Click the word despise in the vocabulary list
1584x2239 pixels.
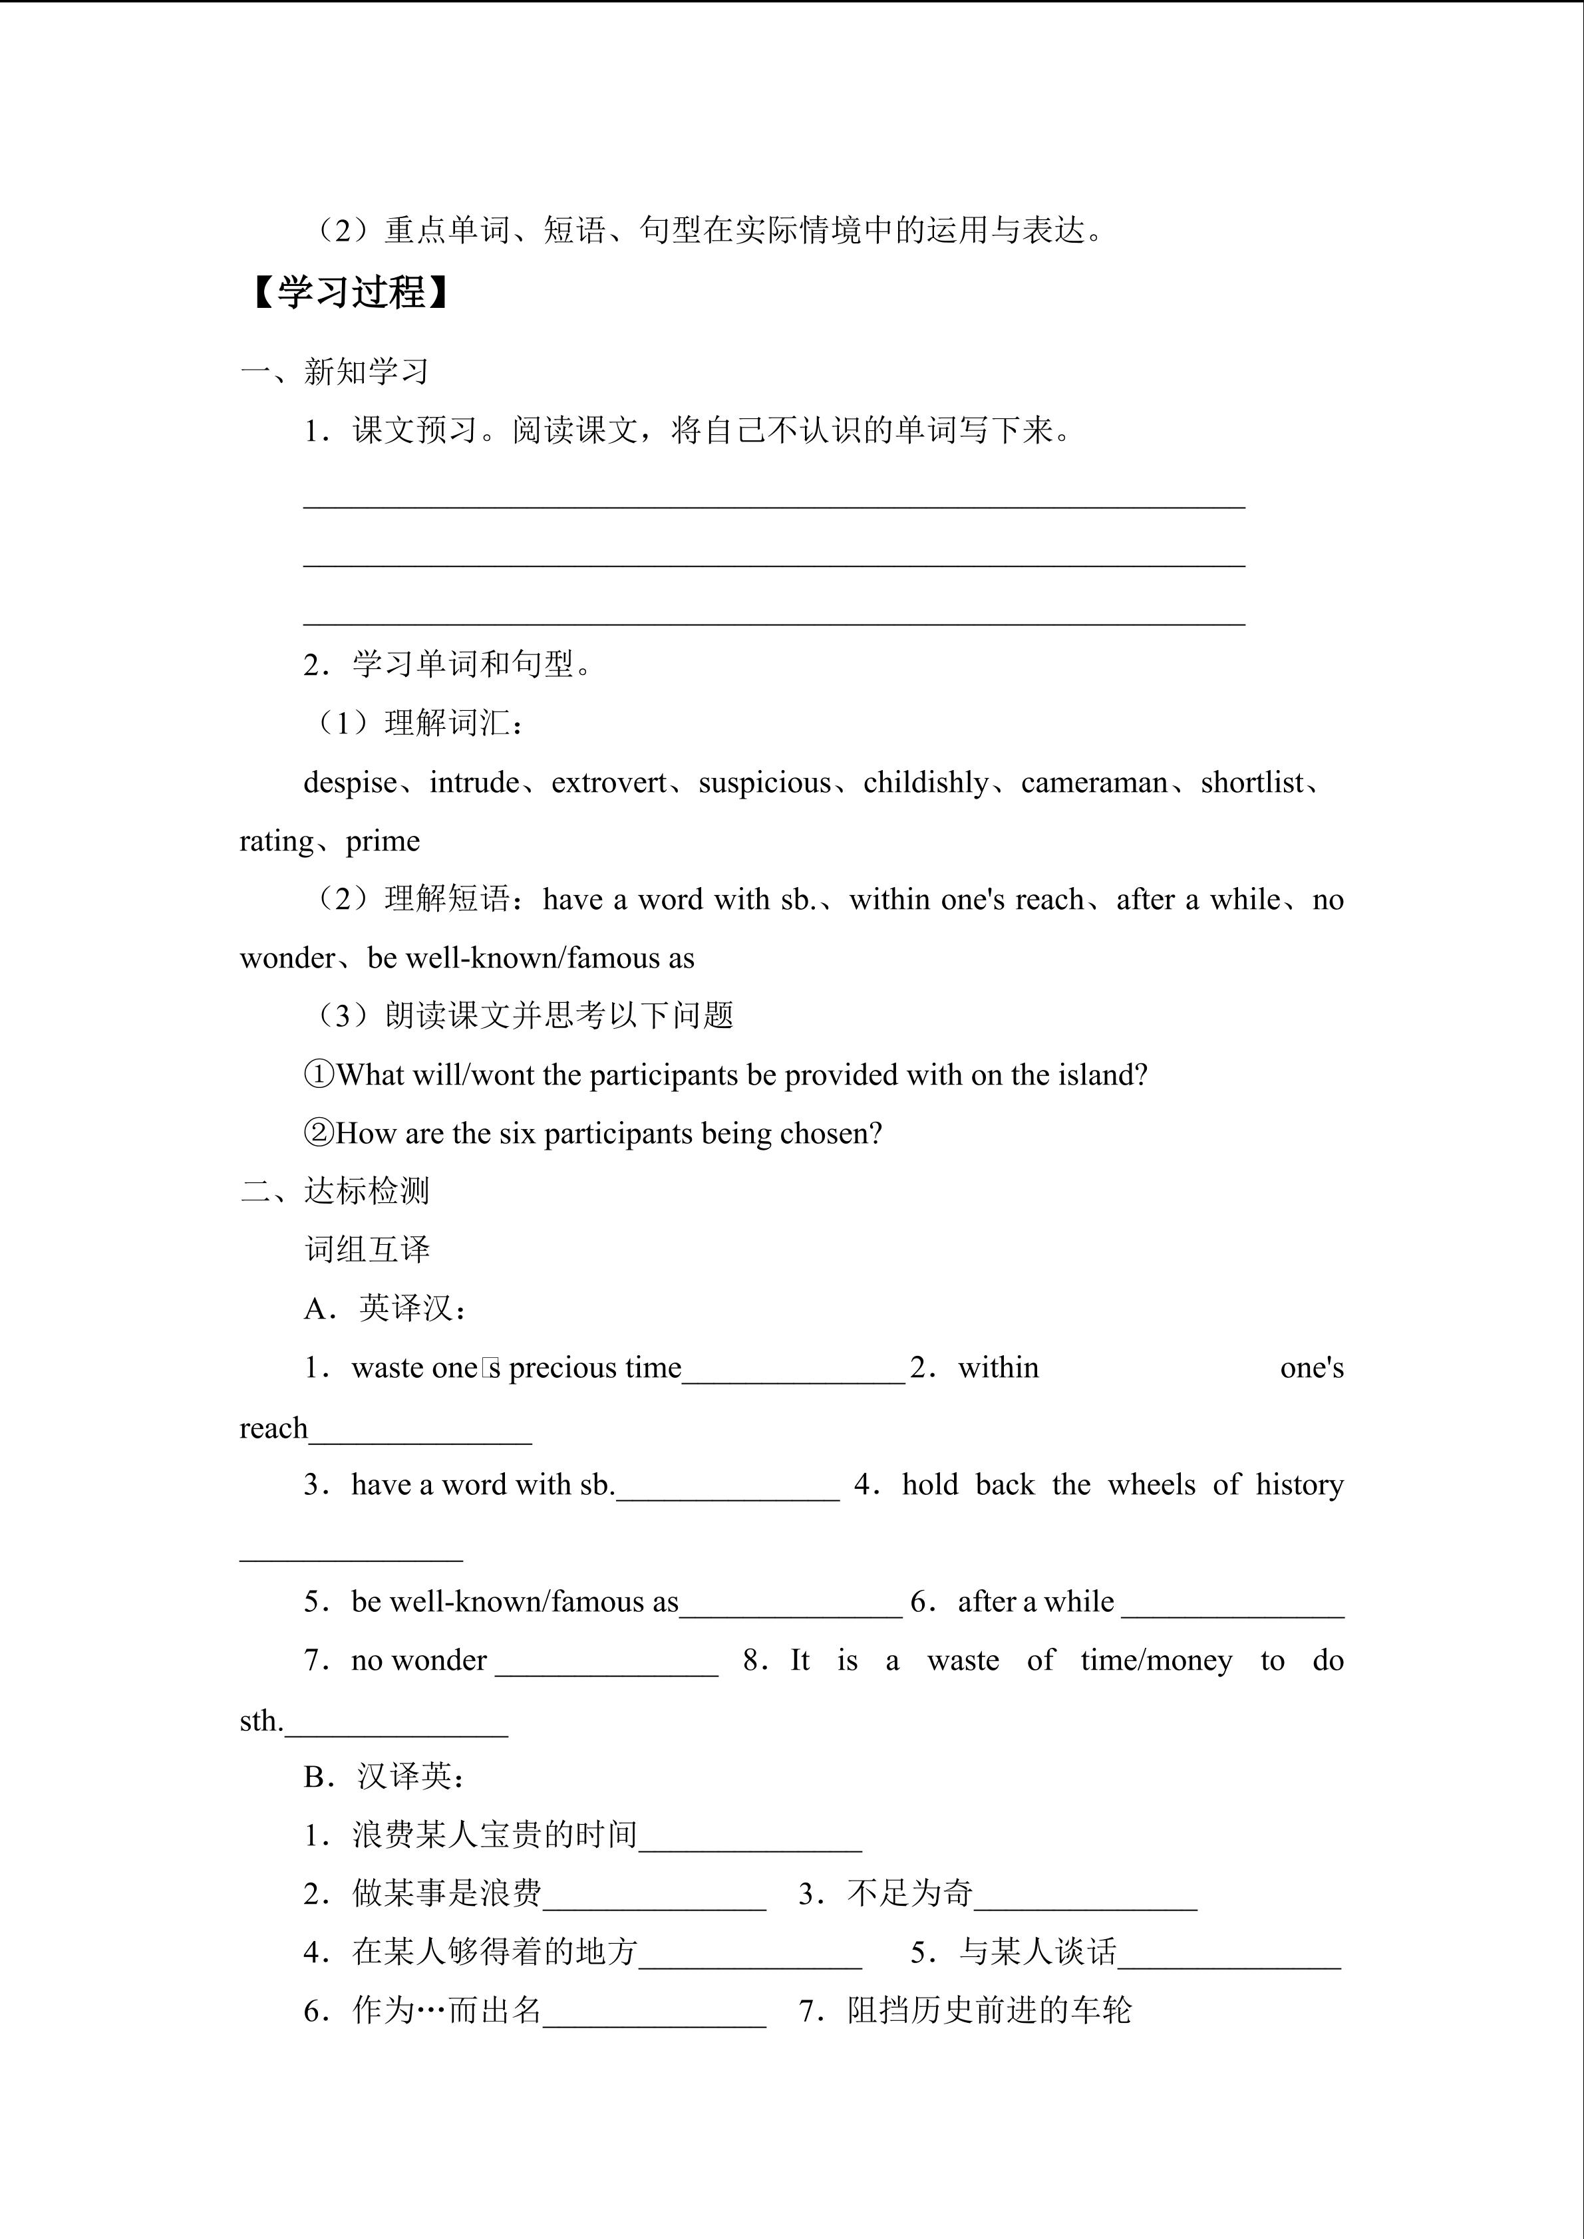[x=350, y=783]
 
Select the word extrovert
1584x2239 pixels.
[x=609, y=783]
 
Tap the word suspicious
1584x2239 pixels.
[x=764, y=783]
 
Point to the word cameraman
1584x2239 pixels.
[x=1094, y=783]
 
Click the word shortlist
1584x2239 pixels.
[x=1253, y=783]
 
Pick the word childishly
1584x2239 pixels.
[x=925, y=783]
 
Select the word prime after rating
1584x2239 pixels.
[x=383, y=842]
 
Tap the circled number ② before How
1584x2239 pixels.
[x=319, y=1134]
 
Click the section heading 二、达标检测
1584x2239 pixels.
[x=335, y=1192]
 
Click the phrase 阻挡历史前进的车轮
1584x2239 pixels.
[x=989, y=2011]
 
